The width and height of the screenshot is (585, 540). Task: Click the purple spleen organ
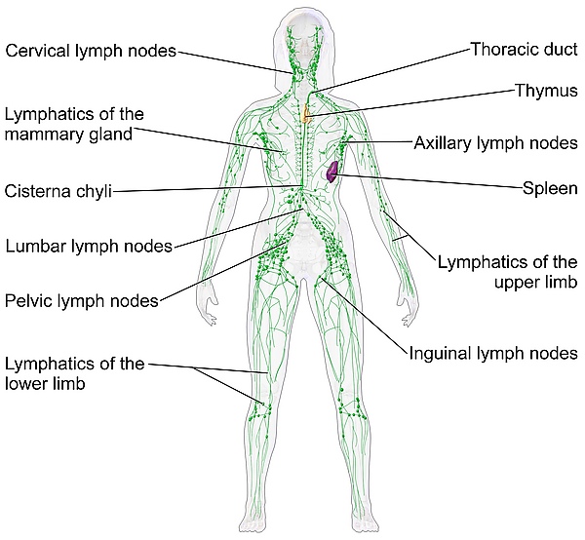click(x=332, y=172)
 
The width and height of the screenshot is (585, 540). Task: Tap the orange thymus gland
click(x=307, y=114)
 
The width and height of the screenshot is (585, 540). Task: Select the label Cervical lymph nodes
click(x=91, y=51)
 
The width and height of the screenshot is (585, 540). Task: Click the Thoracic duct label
click(x=525, y=49)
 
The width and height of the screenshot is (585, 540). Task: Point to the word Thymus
click(x=546, y=91)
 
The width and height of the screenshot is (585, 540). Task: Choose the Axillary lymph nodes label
click(x=496, y=143)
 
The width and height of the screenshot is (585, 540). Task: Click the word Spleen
click(x=550, y=188)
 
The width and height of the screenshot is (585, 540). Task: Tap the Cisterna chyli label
click(x=58, y=191)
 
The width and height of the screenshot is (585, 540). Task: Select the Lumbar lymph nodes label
click(x=89, y=247)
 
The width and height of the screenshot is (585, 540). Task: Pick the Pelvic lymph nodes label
click(x=82, y=301)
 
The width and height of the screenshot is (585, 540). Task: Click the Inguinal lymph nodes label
click(x=493, y=353)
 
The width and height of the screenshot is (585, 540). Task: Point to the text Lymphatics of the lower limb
click(x=75, y=373)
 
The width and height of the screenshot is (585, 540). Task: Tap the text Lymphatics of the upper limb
click(x=507, y=272)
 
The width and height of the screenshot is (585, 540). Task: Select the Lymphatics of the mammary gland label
click(x=74, y=124)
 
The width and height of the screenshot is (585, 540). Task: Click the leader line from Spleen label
click(x=429, y=181)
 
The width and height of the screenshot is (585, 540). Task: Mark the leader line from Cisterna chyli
click(x=207, y=189)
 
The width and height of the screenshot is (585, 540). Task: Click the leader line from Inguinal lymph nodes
click(x=363, y=316)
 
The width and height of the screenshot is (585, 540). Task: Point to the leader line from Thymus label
click(x=412, y=103)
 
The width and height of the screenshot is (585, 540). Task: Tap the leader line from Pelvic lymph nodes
click(x=223, y=272)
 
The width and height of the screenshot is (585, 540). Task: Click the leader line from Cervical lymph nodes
click(x=234, y=62)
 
